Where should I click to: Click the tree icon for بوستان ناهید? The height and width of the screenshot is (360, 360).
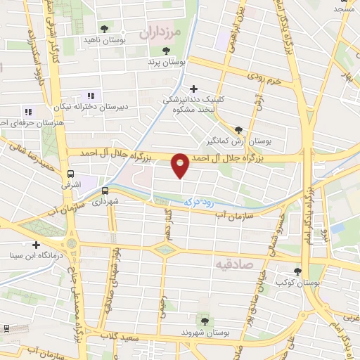click(x=104, y=29)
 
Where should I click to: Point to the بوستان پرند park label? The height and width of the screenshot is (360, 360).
click(x=167, y=63)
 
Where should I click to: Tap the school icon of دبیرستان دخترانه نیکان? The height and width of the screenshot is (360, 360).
click(x=90, y=96)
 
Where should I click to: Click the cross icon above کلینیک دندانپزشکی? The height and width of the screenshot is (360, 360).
click(x=193, y=88)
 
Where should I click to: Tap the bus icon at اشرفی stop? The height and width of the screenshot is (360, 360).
click(x=71, y=174)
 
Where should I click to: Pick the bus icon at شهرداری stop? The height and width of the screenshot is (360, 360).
click(x=105, y=190)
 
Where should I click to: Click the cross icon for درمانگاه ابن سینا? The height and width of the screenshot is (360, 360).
click(x=36, y=245)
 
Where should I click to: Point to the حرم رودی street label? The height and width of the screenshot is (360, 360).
click(x=264, y=79)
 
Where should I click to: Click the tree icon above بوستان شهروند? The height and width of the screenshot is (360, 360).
click(x=205, y=321)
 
